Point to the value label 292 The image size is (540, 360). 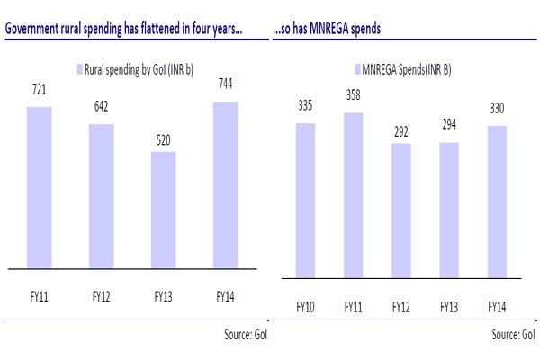[x=400, y=132]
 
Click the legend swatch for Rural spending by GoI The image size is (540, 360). [x=77, y=65]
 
